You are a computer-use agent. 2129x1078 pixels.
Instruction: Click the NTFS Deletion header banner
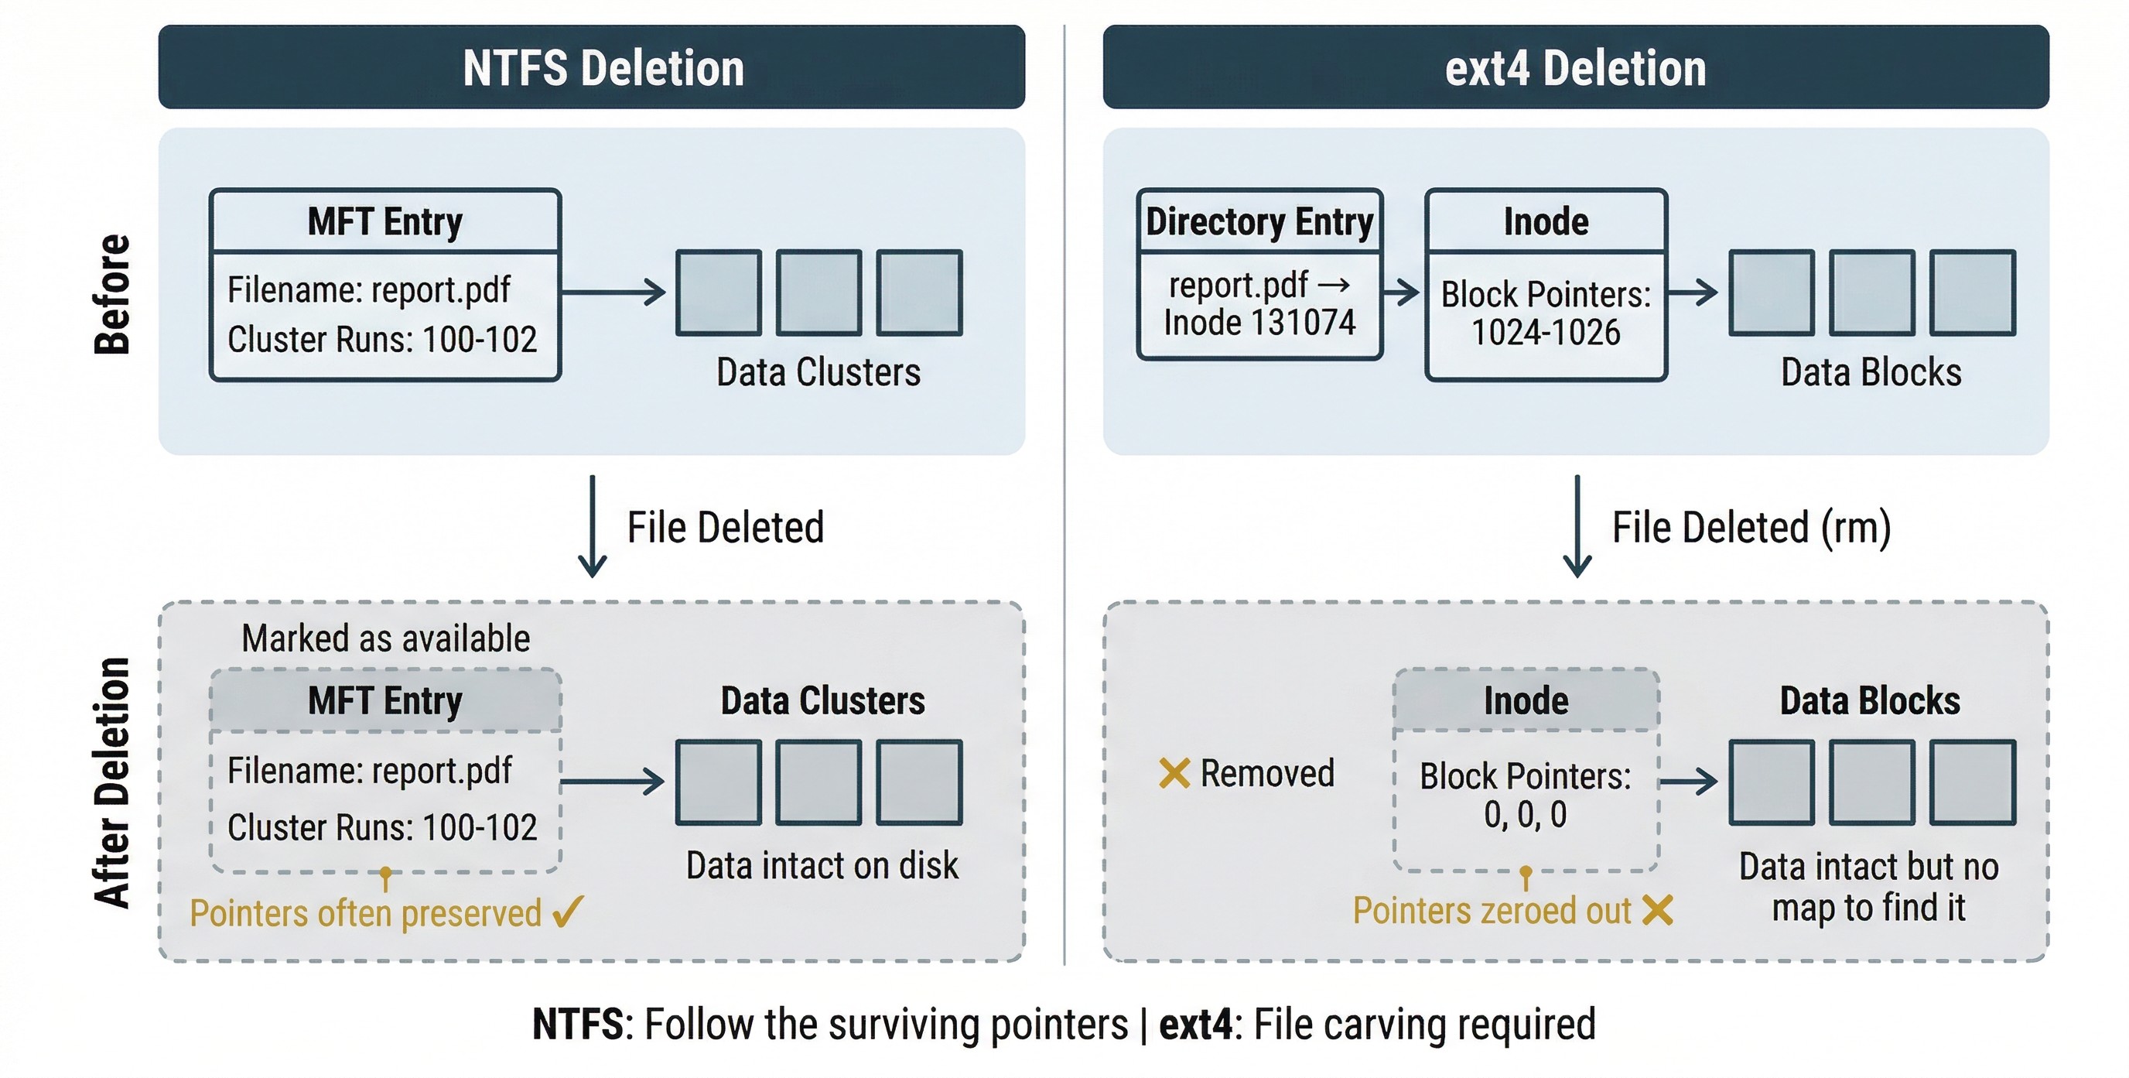[591, 67]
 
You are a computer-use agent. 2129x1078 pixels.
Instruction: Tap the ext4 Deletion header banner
[1575, 67]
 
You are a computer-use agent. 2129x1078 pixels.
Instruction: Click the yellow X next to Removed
[1174, 774]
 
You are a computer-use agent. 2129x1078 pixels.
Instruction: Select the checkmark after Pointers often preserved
[568, 912]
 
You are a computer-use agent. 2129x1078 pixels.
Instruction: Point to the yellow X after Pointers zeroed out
[1657, 910]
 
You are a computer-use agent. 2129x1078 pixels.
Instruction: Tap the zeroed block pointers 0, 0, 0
[1525, 815]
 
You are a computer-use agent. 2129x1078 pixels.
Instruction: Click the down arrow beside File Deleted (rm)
[1577, 526]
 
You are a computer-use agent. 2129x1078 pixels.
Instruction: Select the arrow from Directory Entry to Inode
[1402, 292]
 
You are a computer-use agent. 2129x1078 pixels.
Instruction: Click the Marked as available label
[385, 639]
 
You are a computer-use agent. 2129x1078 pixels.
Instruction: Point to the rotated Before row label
[112, 294]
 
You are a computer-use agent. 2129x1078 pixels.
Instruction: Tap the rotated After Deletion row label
[112, 782]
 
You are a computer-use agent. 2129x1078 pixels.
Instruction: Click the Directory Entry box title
[1259, 221]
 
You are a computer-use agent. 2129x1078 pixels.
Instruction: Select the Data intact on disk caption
[822, 865]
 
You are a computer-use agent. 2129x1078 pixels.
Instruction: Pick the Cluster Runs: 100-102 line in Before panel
[382, 340]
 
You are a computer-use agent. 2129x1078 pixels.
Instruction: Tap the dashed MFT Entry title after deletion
[385, 701]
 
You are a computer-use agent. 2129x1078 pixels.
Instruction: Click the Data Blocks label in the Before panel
[1871, 372]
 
